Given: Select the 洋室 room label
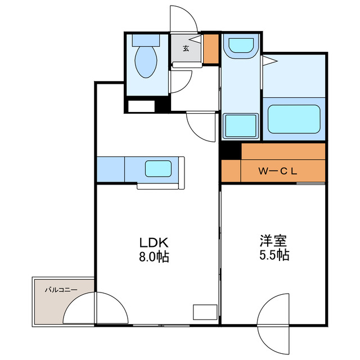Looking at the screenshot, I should click(274, 242).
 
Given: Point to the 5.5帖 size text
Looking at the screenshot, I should click(274, 255).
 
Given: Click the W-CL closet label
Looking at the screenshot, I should click(277, 171).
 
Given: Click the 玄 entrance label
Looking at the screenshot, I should click(186, 48).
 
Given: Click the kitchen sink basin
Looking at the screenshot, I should click(159, 168).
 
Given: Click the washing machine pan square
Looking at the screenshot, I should click(240, 125).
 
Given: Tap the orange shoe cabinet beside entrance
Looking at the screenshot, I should click(211, 49).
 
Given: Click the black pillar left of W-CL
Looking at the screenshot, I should click(231, 151).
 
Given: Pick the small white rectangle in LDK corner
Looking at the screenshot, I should click(204, 312).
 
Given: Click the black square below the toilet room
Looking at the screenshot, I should click(163, 105).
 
